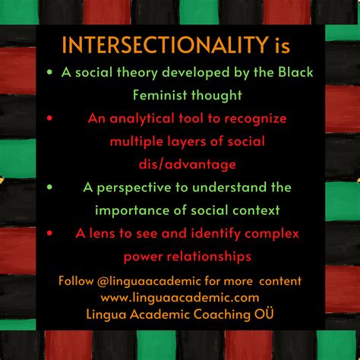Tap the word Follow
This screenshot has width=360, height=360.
point(77,282)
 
